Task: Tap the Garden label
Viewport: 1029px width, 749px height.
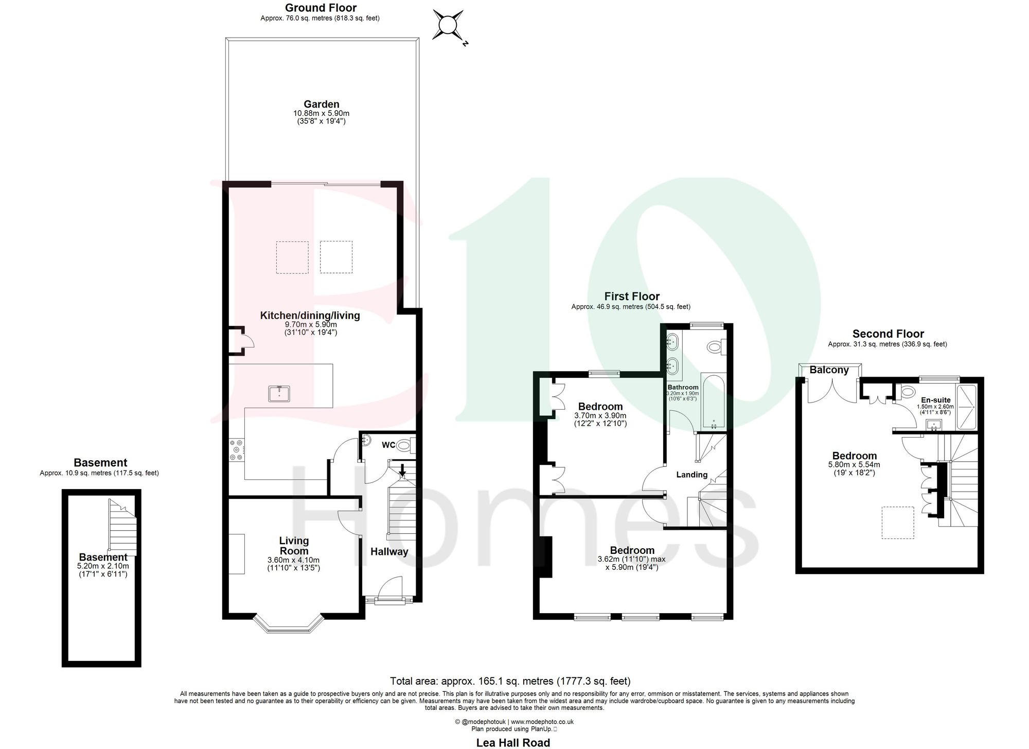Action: coord(321,104)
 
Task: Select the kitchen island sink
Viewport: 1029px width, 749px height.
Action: coord(279,394)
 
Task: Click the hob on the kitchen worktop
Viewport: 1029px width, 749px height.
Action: coord(237,449)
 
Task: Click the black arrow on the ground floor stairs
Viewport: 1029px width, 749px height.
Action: coord(402,470)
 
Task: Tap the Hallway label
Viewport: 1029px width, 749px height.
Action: coord(389,551)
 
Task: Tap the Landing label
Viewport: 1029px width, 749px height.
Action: coord(691,475)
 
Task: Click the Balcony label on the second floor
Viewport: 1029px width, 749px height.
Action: coord(829,370)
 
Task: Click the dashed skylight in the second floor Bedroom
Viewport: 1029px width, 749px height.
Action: coord(898,522)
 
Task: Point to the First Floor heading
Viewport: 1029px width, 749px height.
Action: coord(631,296)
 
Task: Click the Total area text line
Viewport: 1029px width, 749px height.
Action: coord(510,681)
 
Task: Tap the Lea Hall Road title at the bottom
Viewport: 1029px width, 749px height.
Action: coord(513,742)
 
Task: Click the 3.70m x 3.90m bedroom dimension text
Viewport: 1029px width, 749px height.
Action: coord(600,415)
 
